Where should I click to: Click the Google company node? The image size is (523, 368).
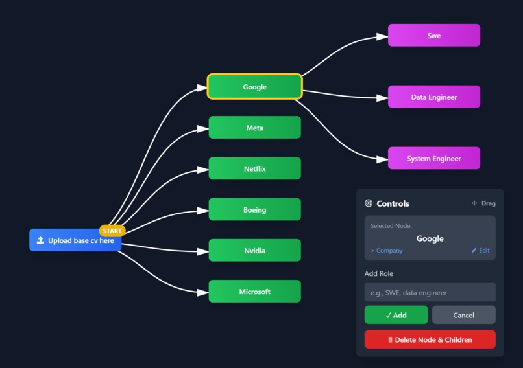point(254,87)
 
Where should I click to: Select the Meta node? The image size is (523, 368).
point(254,128)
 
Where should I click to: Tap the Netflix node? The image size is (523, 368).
point(254,168)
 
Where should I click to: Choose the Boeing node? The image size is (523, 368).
point(254,209)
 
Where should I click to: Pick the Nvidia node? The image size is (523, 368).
point(254,250)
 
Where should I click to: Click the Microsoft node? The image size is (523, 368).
point(254,292)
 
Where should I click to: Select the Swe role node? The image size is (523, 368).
point(433,36)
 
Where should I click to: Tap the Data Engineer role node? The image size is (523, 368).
point(433,97)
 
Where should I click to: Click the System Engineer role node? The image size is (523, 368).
point(433,158)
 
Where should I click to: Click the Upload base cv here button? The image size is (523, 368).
point(75,240)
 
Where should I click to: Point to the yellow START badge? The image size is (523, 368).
point(112,231)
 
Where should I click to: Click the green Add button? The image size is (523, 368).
point(396,315)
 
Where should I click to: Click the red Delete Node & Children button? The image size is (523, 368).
point(430,339)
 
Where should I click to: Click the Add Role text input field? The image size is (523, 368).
point(430,292)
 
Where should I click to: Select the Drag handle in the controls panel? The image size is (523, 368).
point(483,203)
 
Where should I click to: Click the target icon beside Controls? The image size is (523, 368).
point(369,203)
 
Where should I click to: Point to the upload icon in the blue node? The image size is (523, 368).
point(40,240)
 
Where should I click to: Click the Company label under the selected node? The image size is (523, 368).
point(387,250)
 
